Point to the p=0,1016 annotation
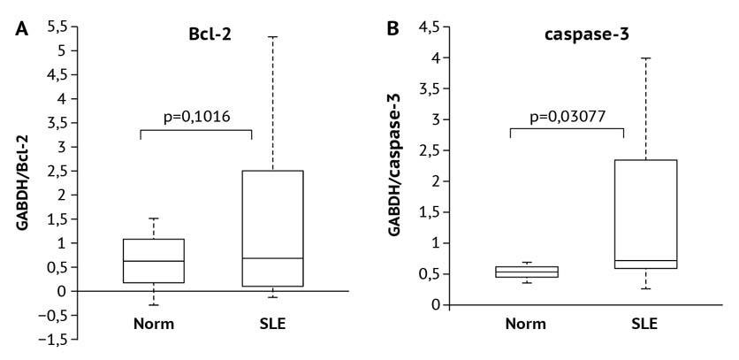click(x=197, y=116)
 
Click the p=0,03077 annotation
click(x=567, y=116)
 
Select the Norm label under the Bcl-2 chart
click(x=153, y=323)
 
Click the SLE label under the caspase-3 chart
click(x=644, y=323)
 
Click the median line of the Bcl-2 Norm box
click(x=153, y=261)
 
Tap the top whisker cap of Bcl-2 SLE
click(x=272, y=37)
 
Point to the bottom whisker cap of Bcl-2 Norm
click(x=153, y=305)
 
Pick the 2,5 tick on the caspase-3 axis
click(x=430, y=150)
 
